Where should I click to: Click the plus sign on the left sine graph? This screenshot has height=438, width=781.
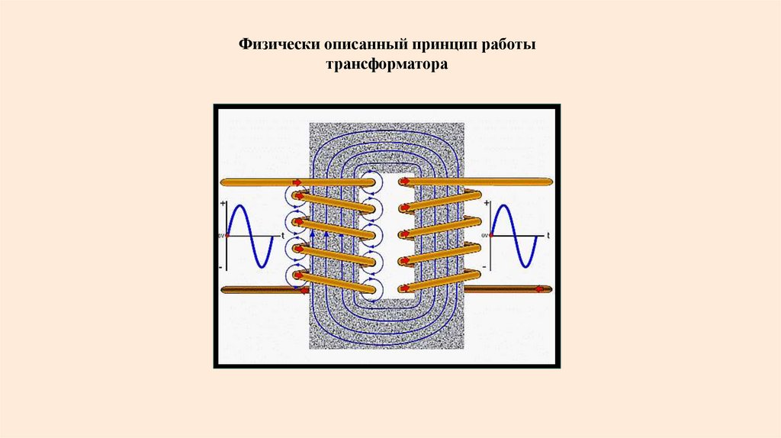(223, 204)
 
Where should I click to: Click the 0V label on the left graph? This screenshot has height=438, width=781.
(222, 237)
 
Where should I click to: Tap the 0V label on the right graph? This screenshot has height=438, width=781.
(487, 237)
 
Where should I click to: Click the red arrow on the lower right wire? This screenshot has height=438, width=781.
(541, 289)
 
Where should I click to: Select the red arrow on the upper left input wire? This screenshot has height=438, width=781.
(296, 182)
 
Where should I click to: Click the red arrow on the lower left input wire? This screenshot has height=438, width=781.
(303, 290)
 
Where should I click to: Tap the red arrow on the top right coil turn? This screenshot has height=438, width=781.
(405, 182)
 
